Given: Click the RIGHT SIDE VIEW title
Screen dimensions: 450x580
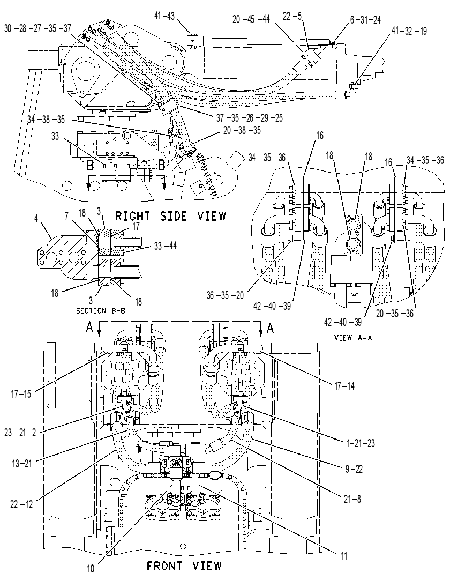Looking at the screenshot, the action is pos(170,215).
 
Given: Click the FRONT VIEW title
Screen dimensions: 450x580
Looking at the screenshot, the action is pos(184,566).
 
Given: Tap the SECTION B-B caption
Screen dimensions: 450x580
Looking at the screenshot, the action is pos(101,311).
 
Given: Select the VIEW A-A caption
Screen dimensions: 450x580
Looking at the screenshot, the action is pos(352,337).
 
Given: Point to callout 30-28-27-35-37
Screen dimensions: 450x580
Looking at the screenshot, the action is pos(37,28).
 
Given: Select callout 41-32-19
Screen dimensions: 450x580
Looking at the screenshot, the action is pos(409,31).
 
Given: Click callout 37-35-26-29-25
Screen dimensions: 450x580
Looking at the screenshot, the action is pos(250,118).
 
